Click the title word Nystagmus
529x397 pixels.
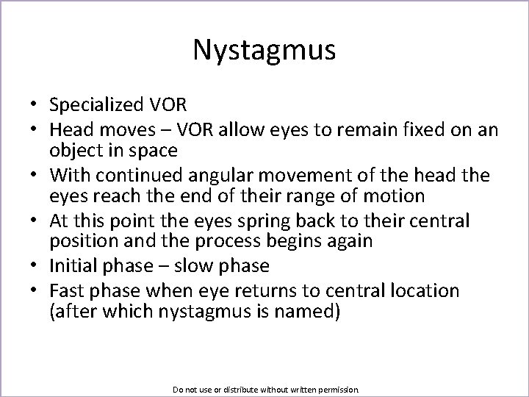264,50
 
